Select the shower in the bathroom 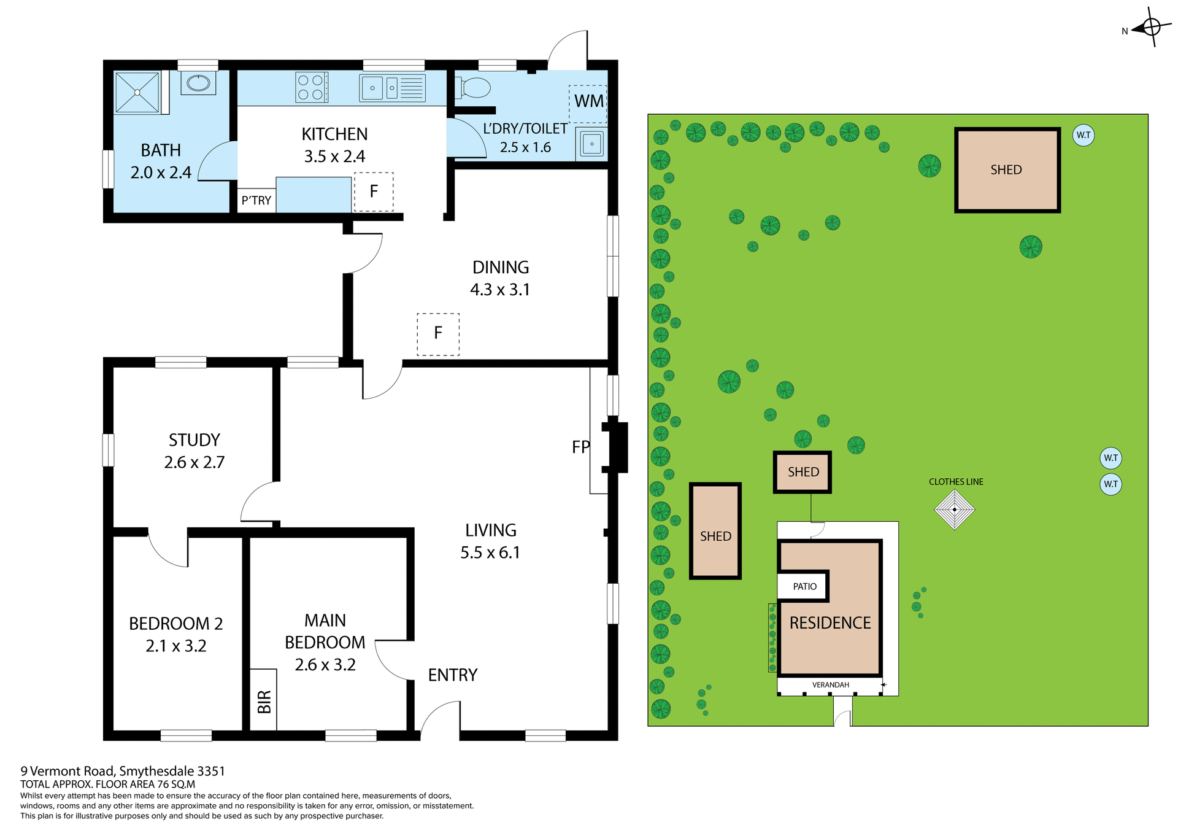[x=137, y=93]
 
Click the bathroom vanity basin [x=198, y=83]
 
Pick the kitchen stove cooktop [x=311, y=87]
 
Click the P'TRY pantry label [x=256, y=201]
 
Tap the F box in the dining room [x=438, y=334]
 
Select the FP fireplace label [x=580, y=447]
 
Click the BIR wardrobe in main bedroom [x=264, y=700]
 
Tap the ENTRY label [x=453, y=675]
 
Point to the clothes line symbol [x=955, y=509]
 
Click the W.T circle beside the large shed [x=1084, y=135]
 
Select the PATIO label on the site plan [x=804, y=587]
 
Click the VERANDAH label [x=830, y=685]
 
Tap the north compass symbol [x=1151, y=27]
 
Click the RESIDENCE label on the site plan [x=830, y=623]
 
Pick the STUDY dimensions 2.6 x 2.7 [x=194, y=462]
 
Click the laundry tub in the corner [x=591, y=144]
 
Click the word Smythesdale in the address [x=156, y=771]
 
